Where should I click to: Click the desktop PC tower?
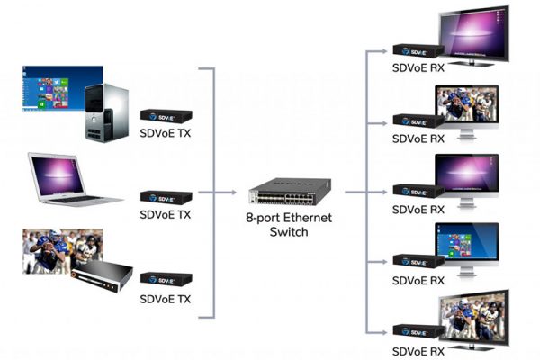pos(107,112)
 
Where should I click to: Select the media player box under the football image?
pos(103,276)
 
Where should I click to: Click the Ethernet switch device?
pos(290,192)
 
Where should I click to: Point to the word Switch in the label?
pos(289,232)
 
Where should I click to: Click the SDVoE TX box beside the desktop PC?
pos(166,116)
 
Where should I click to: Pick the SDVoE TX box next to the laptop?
pos(166,197)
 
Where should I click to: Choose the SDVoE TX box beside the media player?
pos(166,279)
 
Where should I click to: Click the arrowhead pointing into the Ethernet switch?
pos(234,193)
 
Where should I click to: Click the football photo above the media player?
pos(62,251)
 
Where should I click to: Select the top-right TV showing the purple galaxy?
pos(474,35)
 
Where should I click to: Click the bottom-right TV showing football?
pos(474,319)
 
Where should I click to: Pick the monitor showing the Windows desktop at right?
pos(466,248)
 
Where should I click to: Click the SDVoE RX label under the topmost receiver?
pos(418,67)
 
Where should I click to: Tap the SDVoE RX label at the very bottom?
pos(418,351)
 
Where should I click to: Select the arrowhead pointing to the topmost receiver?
pos(384,51)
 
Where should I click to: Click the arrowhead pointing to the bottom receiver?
pos(384,333)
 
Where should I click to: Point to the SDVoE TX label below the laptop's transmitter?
pos(166,214)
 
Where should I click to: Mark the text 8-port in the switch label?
pos(260,219)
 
